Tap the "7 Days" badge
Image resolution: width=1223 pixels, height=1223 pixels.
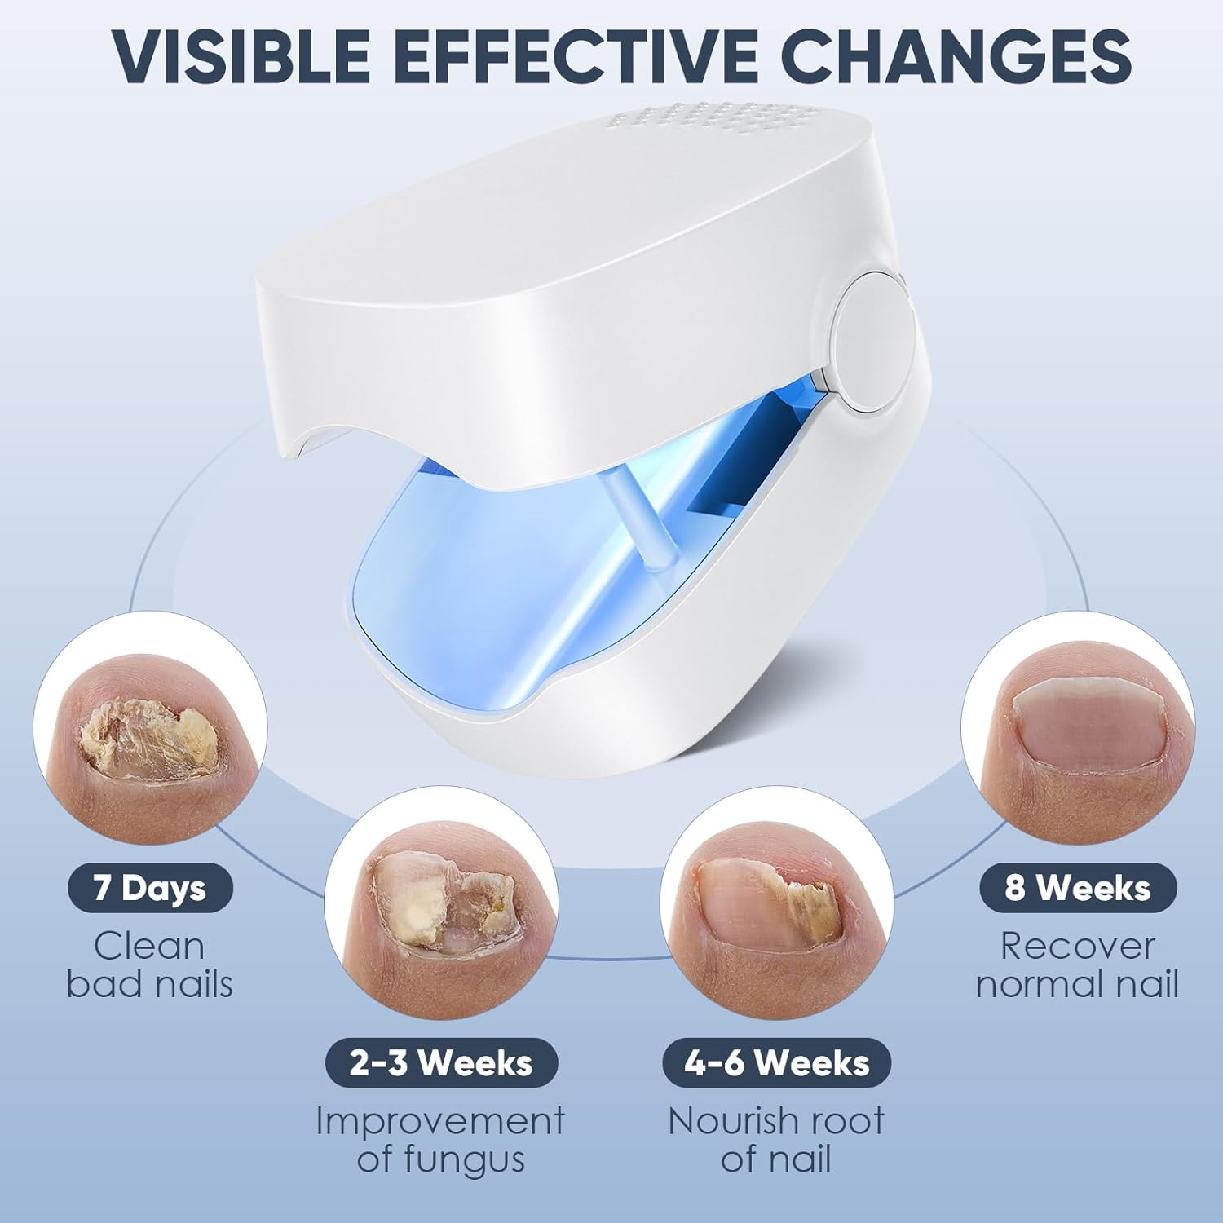tap(150, 888)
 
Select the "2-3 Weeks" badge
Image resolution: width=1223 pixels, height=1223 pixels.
tap(441, 1063)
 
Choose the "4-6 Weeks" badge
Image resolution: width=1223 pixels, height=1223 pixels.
tap(776, 1063)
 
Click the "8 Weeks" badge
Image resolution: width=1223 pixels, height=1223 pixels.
tap(1078, 888)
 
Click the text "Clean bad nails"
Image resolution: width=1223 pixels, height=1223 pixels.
tap(150, 965)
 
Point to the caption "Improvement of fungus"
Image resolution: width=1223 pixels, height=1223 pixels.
tap(440, 1140)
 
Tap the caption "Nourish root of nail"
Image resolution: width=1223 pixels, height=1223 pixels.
tap(776, 1140)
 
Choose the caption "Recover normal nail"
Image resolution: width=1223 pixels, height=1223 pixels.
tap(1078, 965)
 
